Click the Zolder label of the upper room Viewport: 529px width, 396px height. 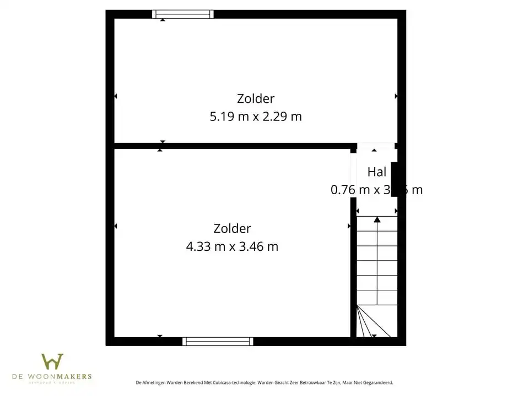[256, 99]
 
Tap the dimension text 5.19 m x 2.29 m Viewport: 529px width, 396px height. [256, 117]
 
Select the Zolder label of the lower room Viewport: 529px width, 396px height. [232, 229]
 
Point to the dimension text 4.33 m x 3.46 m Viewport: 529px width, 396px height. [232, 246]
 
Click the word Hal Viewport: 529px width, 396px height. [376, 172]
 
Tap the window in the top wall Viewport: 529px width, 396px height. [183, 14]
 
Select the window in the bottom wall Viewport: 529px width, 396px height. [218, 341]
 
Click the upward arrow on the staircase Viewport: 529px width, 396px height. [377, 221]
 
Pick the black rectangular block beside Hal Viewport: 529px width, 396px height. [395, 179]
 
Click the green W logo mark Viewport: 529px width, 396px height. [52, 362]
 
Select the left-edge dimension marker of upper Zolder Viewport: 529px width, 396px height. [116, 96]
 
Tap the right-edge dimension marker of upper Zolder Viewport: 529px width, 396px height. [396, 96]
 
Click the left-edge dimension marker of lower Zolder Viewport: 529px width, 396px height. [116, 226]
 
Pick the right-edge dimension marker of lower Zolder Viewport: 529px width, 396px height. [349, 226]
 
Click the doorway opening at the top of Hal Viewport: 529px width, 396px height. [375, 146]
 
